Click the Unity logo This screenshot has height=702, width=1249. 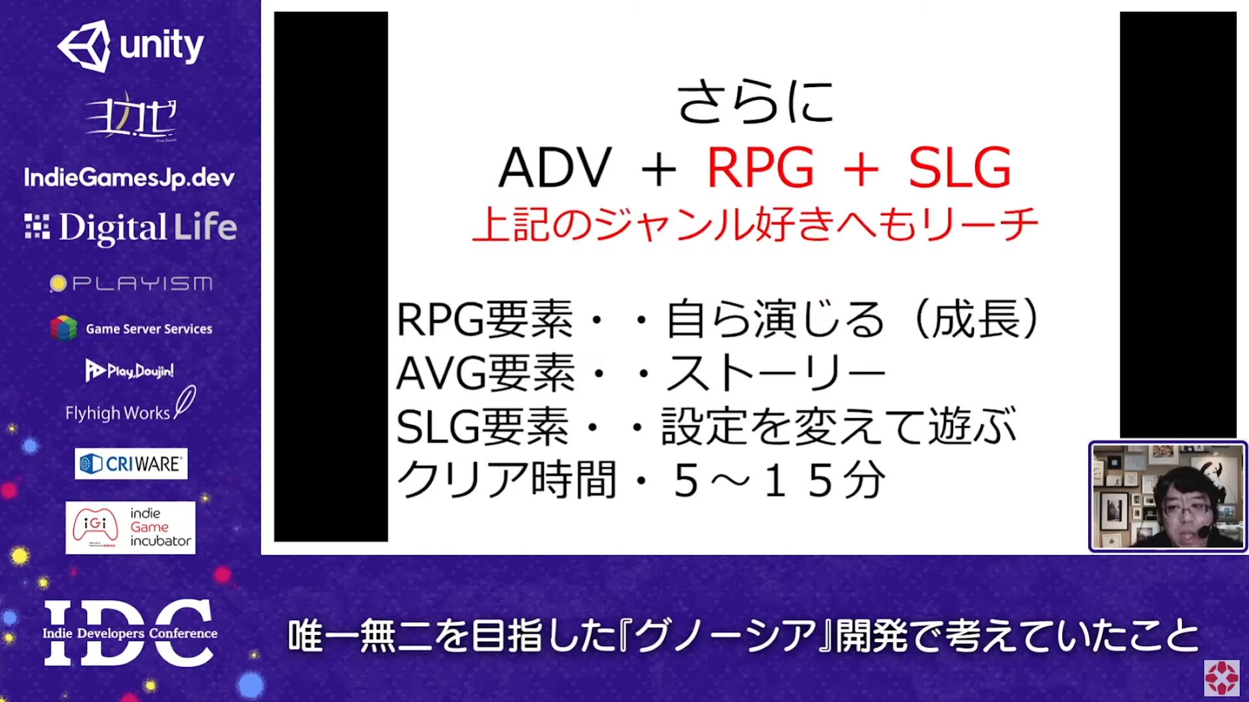coord(131,45)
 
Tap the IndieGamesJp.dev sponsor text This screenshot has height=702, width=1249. coord(129,177)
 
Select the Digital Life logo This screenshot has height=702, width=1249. coord(131,227)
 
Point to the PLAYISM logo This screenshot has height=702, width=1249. coord(131,283)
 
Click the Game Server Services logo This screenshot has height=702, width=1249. coord(131,328)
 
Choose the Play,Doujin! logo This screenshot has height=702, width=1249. coord(129,370)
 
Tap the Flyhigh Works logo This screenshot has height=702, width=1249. coord(130,406)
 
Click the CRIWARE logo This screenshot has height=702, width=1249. coord(131,463)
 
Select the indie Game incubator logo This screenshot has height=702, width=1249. coord(130,527)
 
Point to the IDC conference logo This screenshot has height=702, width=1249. coord(129,632)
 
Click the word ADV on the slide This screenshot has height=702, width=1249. coord(555,168)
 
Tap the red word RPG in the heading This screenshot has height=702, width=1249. coord(760,168)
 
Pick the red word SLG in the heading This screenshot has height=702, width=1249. coord(960,168)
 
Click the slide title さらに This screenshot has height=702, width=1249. coord(755,102)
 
